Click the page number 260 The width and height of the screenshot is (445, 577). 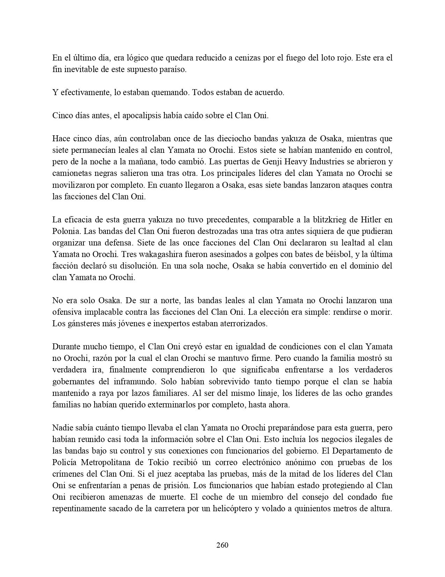pos(222,545)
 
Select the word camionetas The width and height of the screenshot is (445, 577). pos(70,173)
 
